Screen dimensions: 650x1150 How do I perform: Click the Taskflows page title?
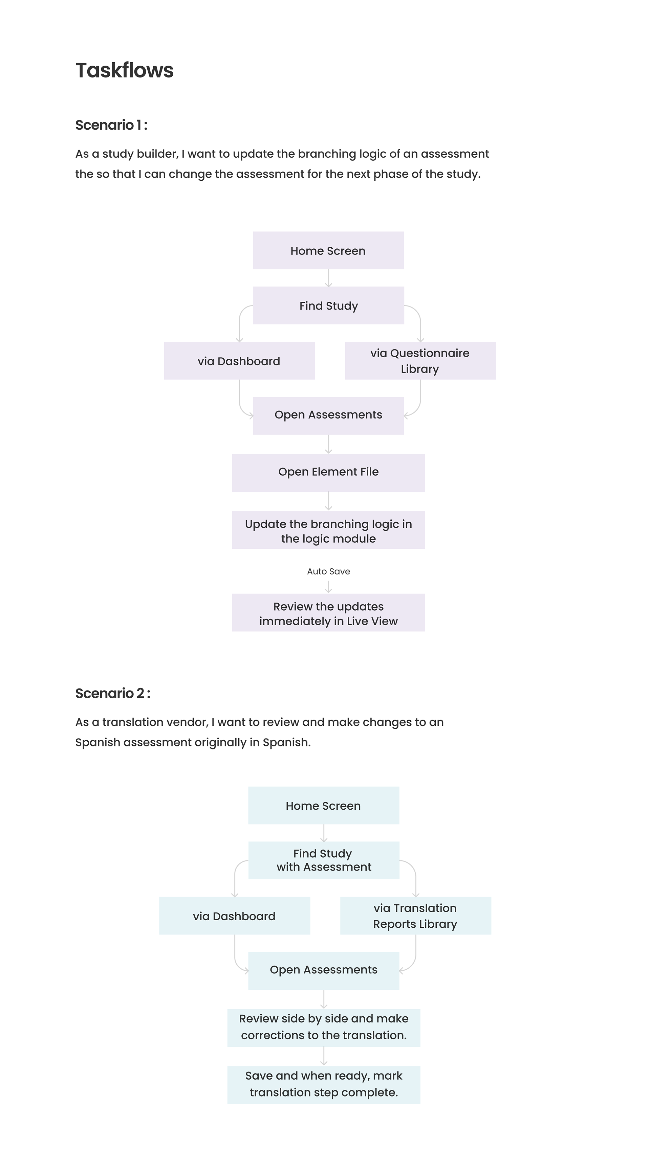(x=124, y=70)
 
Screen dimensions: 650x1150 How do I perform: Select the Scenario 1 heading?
(x=111, y=125)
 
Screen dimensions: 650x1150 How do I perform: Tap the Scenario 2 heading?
(x=113, y=693)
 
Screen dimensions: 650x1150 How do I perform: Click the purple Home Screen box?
(x=328, y=250)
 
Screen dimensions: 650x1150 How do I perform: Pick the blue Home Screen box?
(x=323, y=805)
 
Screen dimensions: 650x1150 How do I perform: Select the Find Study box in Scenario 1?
(x=328, y=306)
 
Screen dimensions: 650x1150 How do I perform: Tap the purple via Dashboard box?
(x=239, y=361)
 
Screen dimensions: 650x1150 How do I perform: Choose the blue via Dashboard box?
(x=235, y=916)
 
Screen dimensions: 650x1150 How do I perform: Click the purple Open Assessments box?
(x=328, y=415)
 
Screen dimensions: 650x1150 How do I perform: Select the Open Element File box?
(x=328, y=473)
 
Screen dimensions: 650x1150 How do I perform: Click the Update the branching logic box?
(x=328, y=530)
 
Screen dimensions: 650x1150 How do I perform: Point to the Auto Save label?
(x=328, y=571)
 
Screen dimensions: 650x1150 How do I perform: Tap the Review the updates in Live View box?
(x=328, y=612)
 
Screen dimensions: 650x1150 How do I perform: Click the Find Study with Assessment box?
(x=323, y=860)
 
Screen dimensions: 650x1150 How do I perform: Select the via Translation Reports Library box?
(x=415, y=916)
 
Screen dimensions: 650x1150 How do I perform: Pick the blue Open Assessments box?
(x=323, y=971)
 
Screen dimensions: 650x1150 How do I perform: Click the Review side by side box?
(x=323, y=1028)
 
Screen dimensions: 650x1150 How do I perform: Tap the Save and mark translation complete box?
(x=323, y=1085)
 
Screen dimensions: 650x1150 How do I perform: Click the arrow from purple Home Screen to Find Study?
(x=328, y=278)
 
